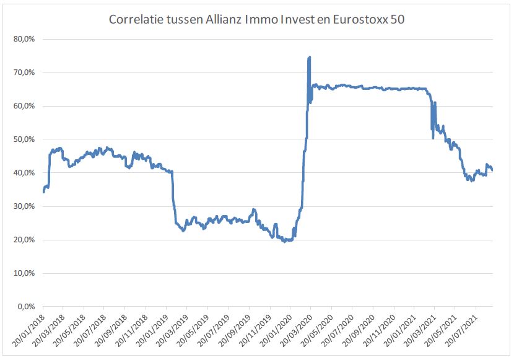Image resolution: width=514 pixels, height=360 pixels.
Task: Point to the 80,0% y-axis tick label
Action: pyautogui.click(x=24, y=39)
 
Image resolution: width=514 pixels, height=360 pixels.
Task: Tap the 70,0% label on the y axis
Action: pyautogui.click(x=24, y=72)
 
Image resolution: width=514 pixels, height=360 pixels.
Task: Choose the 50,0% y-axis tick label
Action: pyautogui.click(x=24, y=139)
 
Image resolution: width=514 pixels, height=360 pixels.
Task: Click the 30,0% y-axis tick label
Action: pyautogui.click(x=24, y=206)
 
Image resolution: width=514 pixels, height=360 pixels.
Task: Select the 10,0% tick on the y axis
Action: pyautogui.click(x=24, y=273)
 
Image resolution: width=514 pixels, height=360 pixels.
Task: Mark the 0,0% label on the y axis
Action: pyautogui.click(x=26, y=307)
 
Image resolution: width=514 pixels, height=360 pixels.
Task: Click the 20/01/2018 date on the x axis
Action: pyautogui.click(x=28, y=329)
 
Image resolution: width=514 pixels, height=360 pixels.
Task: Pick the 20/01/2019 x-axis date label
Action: pyautogui.click(x=152, y=329)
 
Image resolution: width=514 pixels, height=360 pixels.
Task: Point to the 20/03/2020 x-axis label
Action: pyautogui.click(x=296, y=329)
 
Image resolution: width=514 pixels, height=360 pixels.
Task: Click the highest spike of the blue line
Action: pyautogui.click(x=309, y=57)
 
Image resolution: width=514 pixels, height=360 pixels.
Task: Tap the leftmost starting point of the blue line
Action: pyautogui.click(x=43, y=191)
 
